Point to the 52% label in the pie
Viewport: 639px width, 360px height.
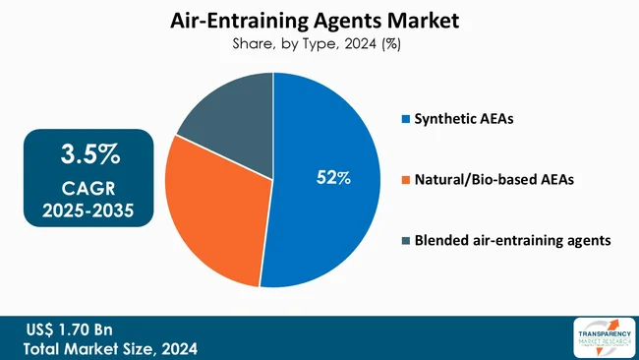[333, 178]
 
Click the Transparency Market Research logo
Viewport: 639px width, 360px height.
[601, 337]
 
